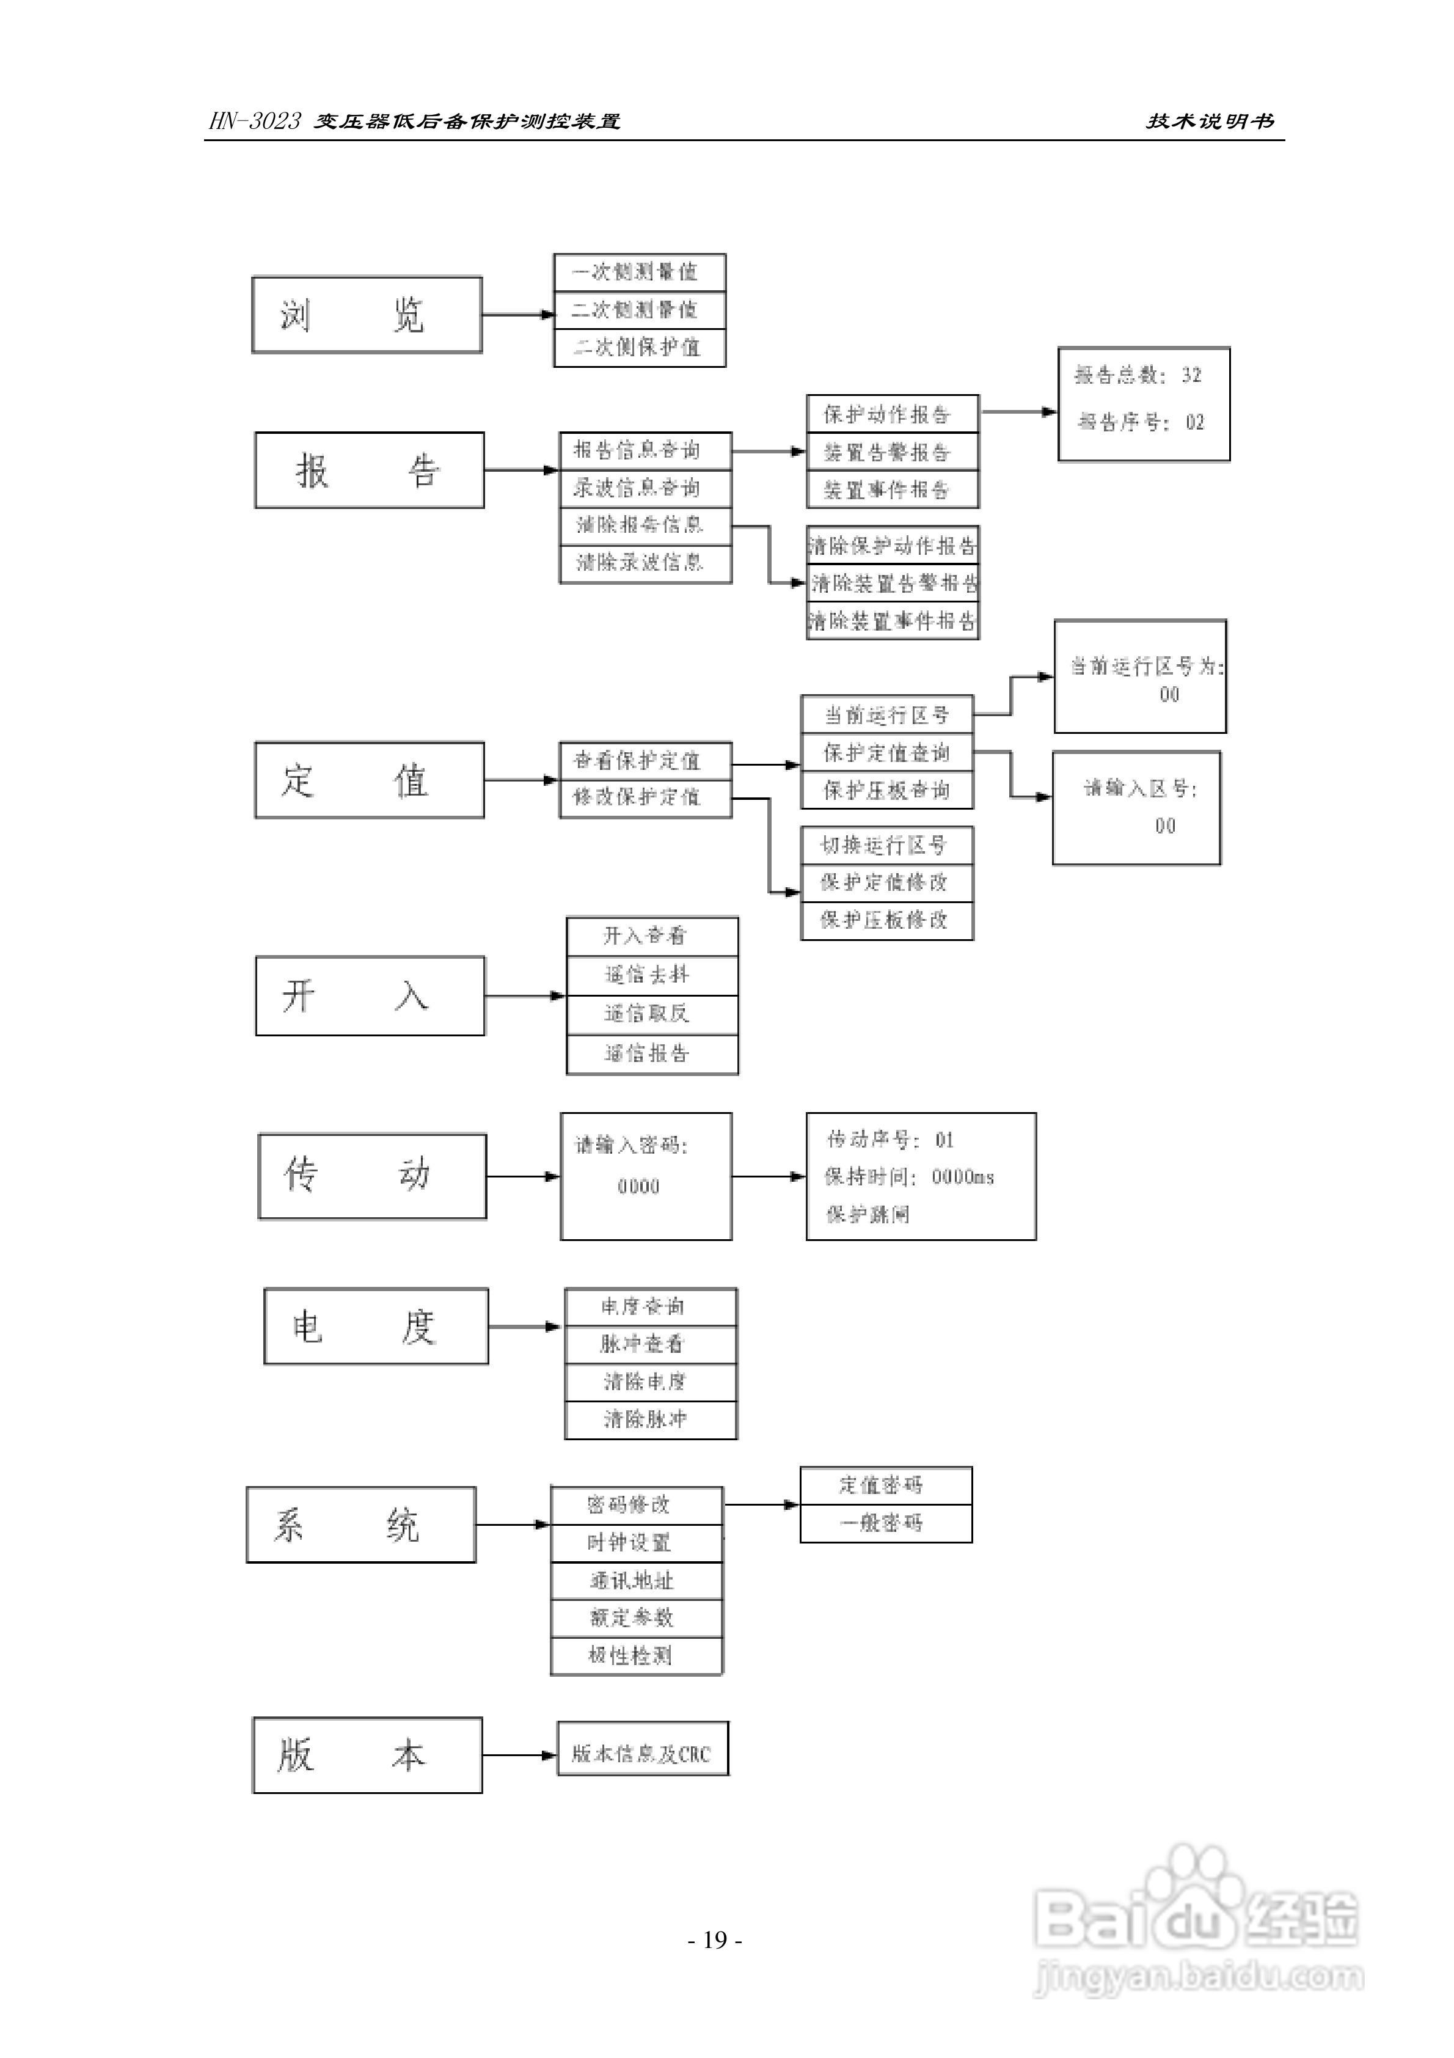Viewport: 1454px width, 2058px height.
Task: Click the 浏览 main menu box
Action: click(x=367, y=315)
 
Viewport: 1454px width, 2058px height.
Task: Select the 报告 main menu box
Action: click(x=370, y=471)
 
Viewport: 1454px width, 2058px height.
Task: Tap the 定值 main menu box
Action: click(x=370, y=780)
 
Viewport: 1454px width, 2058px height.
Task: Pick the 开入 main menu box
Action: click(x=370, y=996)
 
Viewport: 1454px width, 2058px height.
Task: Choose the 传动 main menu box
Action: click(x=372, y=1176)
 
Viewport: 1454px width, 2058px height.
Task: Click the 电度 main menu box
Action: click(x=376, y=1327)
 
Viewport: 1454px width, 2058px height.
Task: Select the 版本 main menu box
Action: click(x=368, y=1755)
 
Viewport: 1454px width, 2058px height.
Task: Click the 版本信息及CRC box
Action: click(x=642, y=1754)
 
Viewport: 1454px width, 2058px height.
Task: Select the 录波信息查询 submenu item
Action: click(x=645, y=488)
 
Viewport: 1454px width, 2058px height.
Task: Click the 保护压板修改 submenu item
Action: click(x=886, y=920)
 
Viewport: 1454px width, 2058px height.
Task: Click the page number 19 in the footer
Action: click(x=714, y=1941)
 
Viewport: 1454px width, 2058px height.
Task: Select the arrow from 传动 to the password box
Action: click(x=522, y=1176)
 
